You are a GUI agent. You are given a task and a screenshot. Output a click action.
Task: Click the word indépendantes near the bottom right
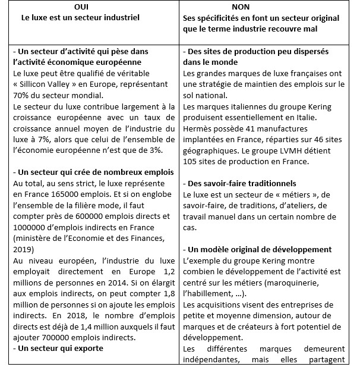click(210, 360)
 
